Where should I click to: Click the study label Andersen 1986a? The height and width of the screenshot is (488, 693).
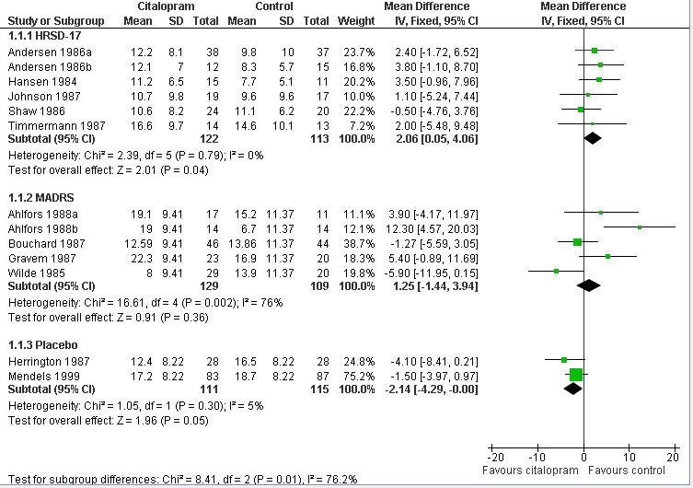click(39, 52)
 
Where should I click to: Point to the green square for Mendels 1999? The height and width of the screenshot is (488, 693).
click(576, 375)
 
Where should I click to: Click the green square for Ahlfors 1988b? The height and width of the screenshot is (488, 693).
click(640, 227)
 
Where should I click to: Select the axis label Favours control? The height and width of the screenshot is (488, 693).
click(629, 471)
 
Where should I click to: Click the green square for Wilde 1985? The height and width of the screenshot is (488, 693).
click(557, 271)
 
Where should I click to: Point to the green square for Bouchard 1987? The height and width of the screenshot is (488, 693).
click(578, 241)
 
